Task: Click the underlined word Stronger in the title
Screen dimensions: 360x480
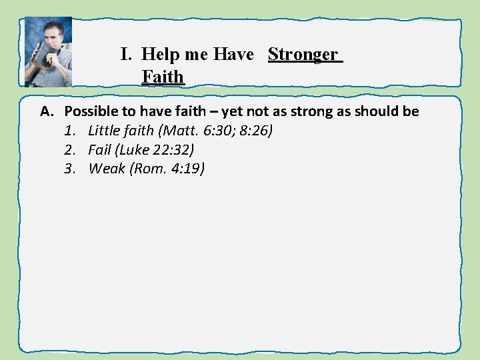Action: click(x=303, y=54)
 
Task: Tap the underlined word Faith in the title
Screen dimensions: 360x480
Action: click(x=163, y=77)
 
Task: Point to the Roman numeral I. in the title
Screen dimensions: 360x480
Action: click(x=126, y=54)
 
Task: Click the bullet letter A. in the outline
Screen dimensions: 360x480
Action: click(x=47, y=111)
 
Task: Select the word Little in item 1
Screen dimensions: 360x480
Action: click(x=105, y=131)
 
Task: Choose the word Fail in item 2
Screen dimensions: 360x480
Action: click(x=99, y=149)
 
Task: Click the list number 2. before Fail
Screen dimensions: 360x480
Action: click(x=70, y=149)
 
